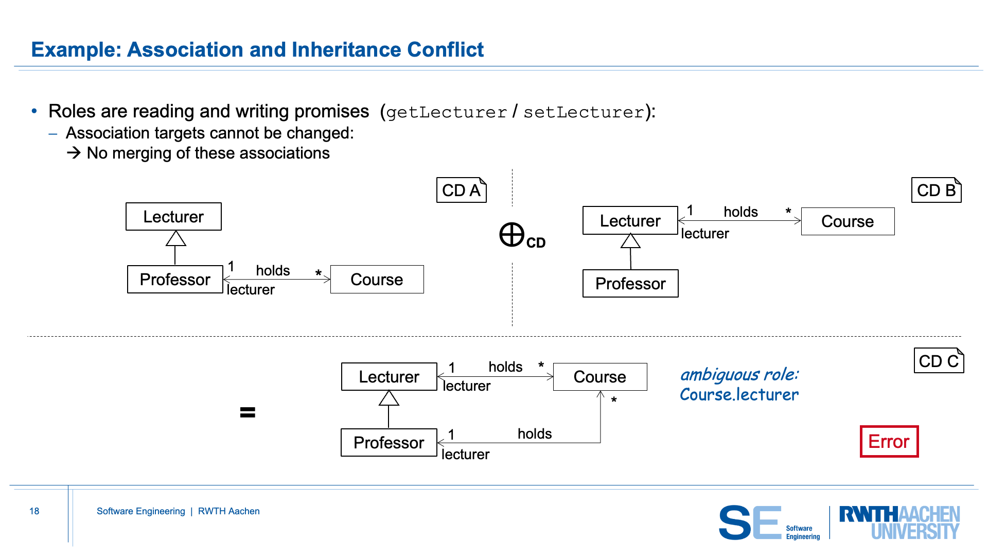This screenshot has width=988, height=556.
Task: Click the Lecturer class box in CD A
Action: click(173, 216)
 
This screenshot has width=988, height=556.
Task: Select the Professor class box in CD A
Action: click(175, 279)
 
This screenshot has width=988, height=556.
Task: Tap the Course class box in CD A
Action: click(377, 279)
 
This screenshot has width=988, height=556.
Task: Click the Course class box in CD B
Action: click(848, 221)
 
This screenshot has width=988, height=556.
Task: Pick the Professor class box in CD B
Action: click(630, 283)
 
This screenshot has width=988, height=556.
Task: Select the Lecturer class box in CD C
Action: click(389, 376)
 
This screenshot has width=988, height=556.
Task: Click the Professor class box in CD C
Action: click(389, 442)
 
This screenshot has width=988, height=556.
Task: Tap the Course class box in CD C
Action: click(600, 376)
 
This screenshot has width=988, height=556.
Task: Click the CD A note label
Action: click(461, 190)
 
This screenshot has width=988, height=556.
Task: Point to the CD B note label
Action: click(936, 190)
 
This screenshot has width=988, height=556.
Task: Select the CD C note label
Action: click(939, 360)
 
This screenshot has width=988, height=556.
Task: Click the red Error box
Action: click(889, 441)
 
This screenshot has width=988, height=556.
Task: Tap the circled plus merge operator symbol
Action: click(512, 235)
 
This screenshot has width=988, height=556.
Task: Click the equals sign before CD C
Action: click(248, 412)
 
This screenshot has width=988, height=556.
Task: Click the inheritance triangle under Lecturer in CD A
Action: click(175, 238)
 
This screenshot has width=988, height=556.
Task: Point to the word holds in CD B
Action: click(740, 212)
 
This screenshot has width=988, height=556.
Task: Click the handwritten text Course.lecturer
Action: click(739, 394)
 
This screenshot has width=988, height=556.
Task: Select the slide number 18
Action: click(34, 511)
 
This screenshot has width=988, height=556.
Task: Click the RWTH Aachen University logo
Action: click(899, 523)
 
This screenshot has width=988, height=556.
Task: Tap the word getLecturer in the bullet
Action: click(447, 112)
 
